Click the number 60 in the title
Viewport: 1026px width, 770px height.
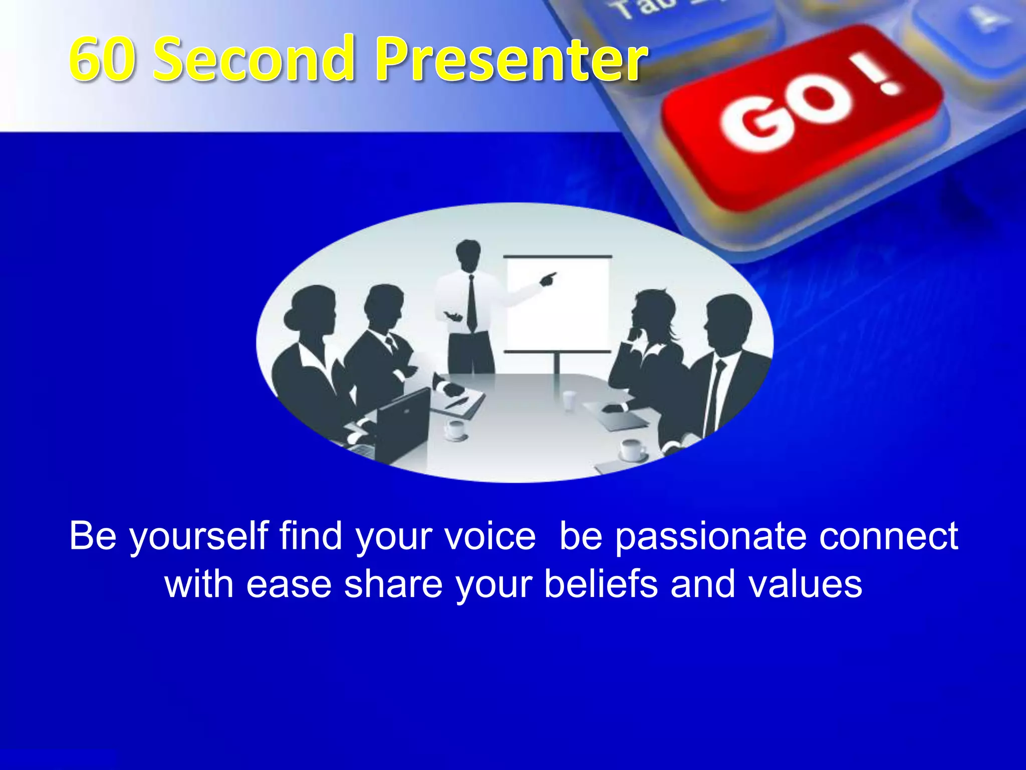pyautogui.click(x=103, y=59)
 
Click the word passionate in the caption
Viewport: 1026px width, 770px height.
pyautogui.click(x=710, y=536)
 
